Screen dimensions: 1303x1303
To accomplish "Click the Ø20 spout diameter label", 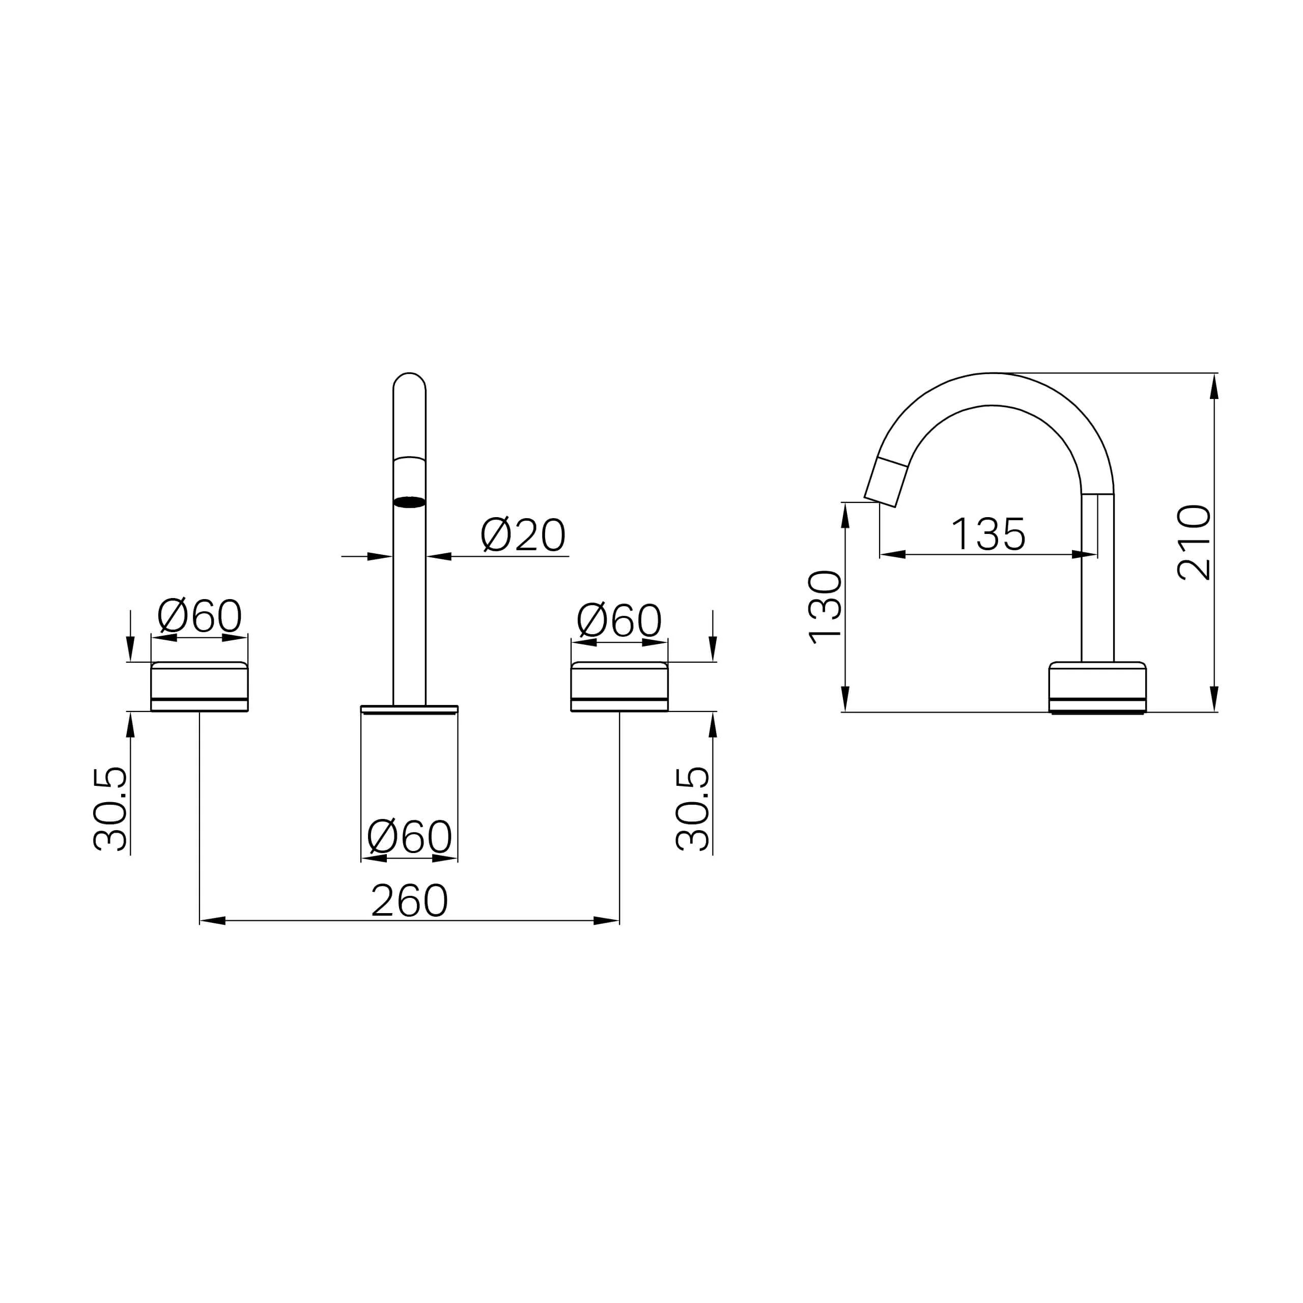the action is [523, 535].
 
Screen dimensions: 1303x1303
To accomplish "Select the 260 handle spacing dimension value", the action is [409, 900].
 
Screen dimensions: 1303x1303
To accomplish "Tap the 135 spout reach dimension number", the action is [988, 534].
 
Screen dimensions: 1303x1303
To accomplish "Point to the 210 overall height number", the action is [1194, 542].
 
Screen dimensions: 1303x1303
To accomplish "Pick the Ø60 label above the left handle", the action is [199, 616].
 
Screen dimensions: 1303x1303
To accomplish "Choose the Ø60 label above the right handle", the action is [619, 620].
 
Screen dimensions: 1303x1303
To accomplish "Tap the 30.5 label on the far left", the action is [110, 809].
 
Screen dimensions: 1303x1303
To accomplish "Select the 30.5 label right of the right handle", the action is [693, 809].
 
